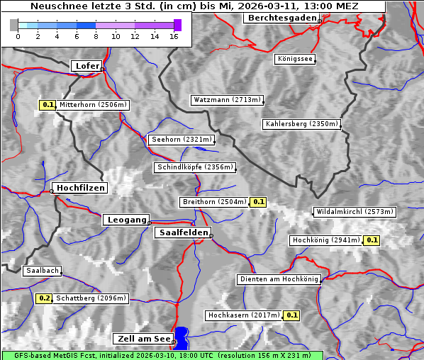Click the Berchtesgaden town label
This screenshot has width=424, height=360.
pos(280,18)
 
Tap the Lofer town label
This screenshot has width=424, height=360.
pos(87,66)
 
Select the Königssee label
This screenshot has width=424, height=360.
pos(295,59)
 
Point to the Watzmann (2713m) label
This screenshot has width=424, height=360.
pos(227,100)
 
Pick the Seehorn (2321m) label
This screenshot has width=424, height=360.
pos(182,140)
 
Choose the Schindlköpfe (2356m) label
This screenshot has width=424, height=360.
pos(194,167)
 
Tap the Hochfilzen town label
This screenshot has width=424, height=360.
pos(80,188)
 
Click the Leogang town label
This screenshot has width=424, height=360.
pos(127,220)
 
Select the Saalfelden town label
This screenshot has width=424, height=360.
pos(182,232)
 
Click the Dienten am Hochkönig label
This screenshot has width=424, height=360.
pos(279,279)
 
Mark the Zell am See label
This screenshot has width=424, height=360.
pos(143,339)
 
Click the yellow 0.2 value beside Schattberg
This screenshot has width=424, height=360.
pos(45,298)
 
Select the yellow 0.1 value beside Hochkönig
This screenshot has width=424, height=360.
pos(372,240)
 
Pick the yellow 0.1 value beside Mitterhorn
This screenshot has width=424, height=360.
pos(47,105)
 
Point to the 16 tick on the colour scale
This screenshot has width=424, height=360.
pos(174,35)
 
